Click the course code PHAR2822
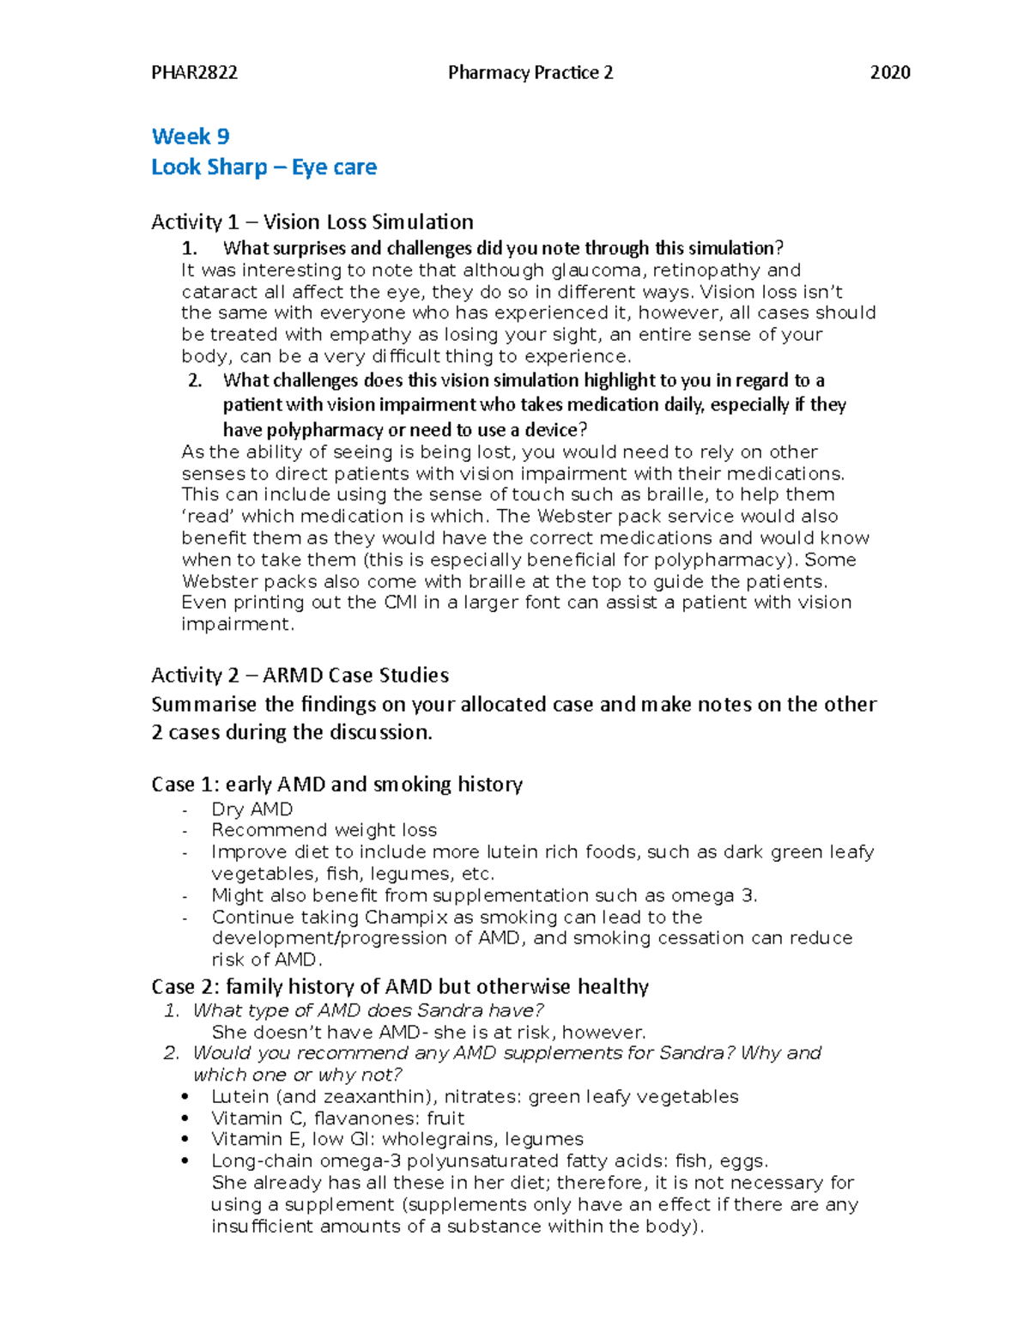[194, 72]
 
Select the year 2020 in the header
[889, 72]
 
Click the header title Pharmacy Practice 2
[530, 72]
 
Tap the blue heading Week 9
[191, 136]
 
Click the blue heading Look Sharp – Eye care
[264, 167]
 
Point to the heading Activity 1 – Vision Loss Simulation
[312, 221]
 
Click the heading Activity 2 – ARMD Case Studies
[300, 675]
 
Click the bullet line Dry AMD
[251, 809]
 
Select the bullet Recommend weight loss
[324, 830]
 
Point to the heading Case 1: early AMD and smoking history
[336, 784]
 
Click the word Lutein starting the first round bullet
[239, 1097]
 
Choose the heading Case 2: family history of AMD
[399, 986]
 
